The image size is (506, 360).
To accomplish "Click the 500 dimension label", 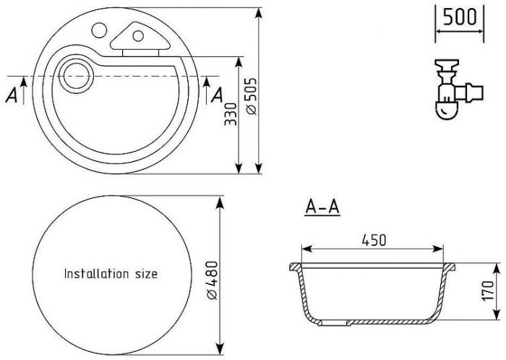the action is [x=460, y=17].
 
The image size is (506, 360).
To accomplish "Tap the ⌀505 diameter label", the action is [x=251, y=96].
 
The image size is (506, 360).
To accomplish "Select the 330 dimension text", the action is [x=231, y=114].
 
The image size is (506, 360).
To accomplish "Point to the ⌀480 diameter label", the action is [x=213, y=280].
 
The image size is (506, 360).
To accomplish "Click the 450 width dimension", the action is [x=374, y=240].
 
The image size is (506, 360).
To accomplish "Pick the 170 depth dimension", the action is [x=488, y=291].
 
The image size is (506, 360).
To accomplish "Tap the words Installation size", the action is [x=111, y=273].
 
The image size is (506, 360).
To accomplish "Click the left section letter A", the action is [x=12, y=95].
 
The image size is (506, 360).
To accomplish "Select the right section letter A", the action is [x=217, y=95].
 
